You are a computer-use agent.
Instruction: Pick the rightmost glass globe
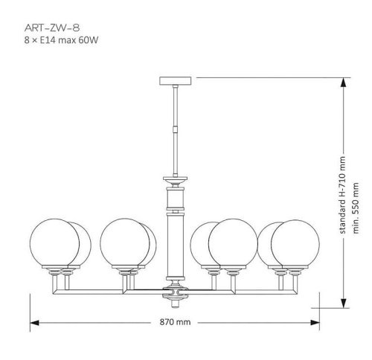pyautogui.click(x=295, y=243)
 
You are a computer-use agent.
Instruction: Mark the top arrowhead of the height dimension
pyautogui.click(x=343, y=82)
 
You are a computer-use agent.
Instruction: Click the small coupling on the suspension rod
pyautogui.click(x=176, y=128)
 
